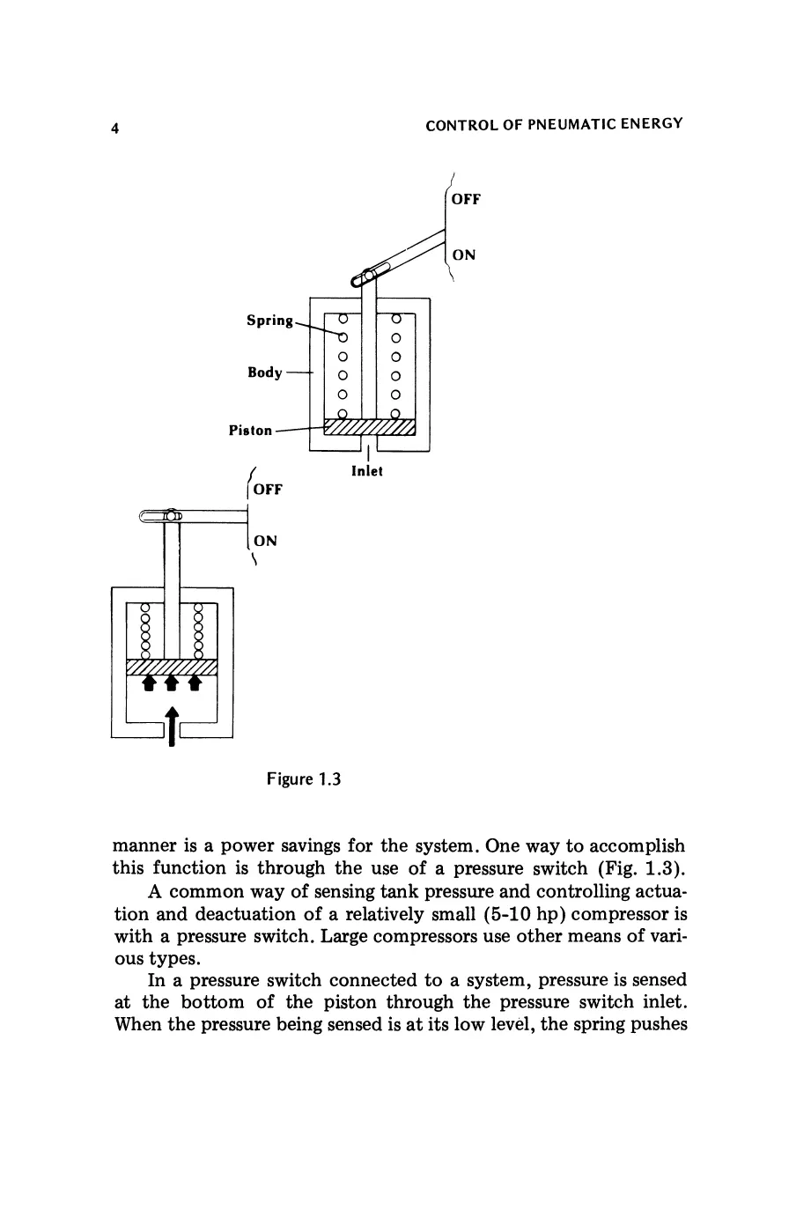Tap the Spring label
(269, 320)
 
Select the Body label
(264, 372)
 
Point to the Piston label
(250, 431)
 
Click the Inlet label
(366, 471)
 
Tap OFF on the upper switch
(465, 199)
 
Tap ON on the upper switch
(463, 255)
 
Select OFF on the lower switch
(267, 489)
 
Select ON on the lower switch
(265, 541)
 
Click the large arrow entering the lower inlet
(172, 725)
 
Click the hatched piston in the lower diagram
(172, 668)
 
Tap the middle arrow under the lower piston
(172, 682)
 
